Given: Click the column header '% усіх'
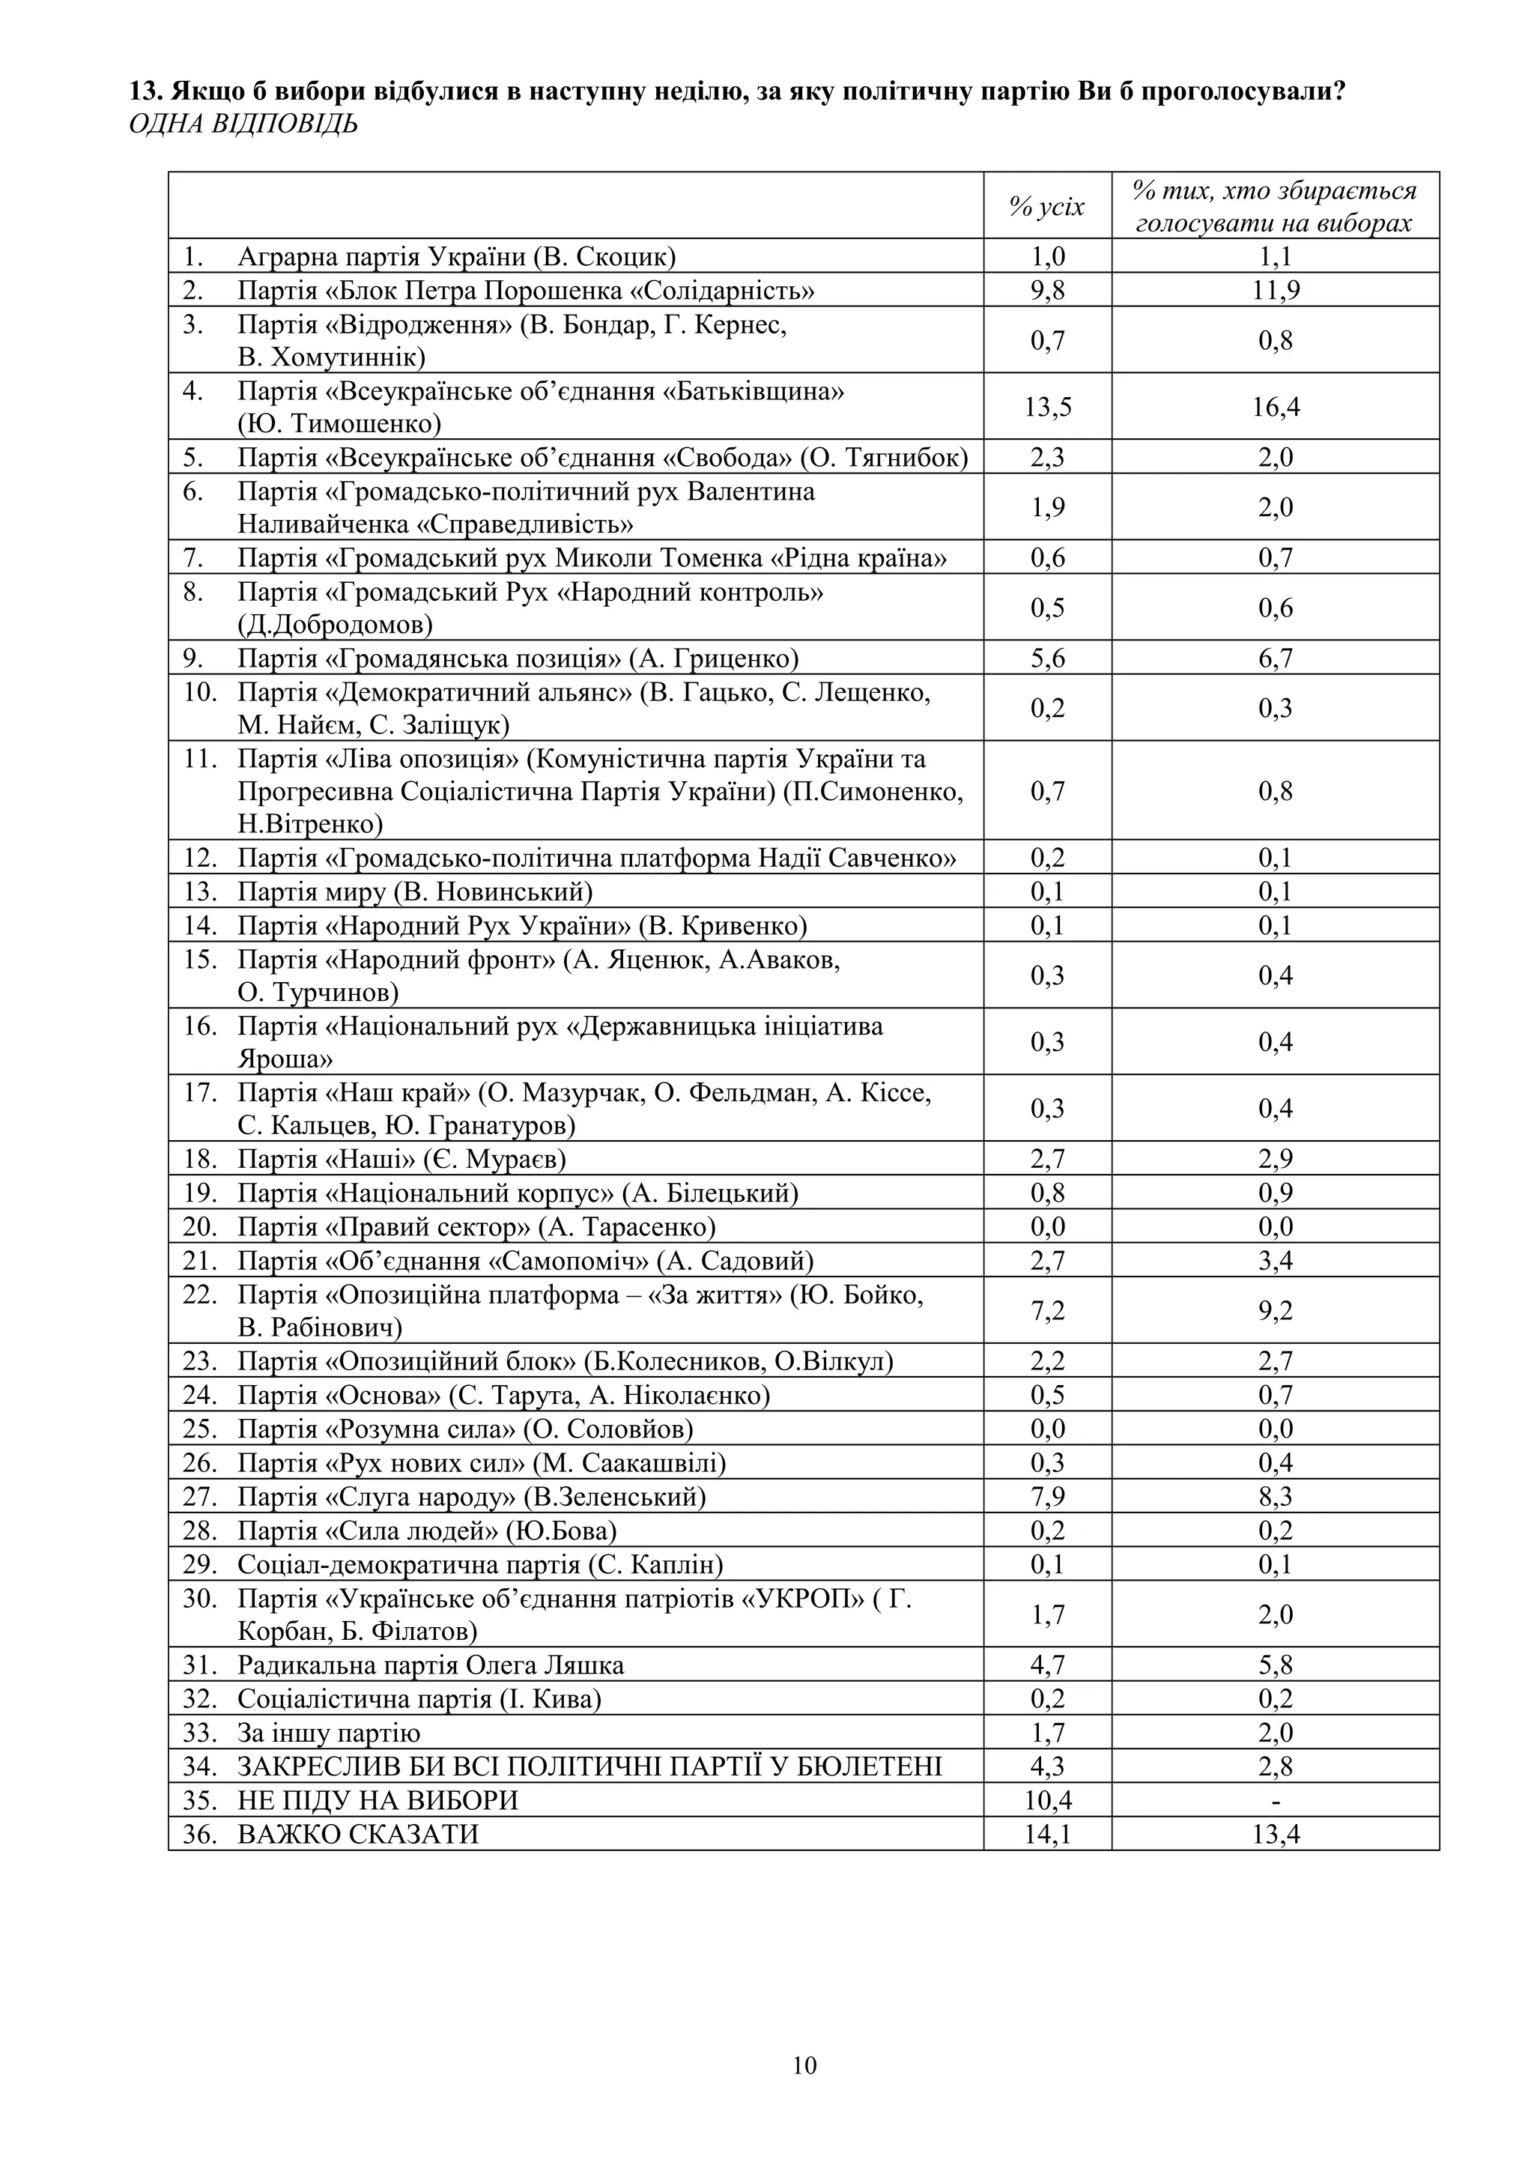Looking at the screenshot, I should click(1047, 206).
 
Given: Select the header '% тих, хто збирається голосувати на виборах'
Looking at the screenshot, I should click(1274, 206).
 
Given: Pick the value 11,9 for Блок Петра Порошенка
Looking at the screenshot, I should click(1274, 289).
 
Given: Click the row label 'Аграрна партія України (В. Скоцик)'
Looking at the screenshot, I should click(456, 256).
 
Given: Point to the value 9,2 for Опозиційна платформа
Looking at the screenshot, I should click(1274, 1310).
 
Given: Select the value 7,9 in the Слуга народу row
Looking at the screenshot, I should click(1047, 1497).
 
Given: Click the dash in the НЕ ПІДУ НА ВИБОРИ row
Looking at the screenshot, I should click(1274, 1799).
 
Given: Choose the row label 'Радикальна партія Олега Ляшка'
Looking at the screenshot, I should click(430, 1665).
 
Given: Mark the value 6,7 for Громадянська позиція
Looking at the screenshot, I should click(1274, 658).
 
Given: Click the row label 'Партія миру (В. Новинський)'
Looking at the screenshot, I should click(415, 891).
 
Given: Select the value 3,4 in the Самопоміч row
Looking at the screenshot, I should click(1274, 1261).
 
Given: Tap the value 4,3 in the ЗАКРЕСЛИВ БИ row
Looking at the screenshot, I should click(1047, 1766).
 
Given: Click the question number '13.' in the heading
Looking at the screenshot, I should click(147, 93).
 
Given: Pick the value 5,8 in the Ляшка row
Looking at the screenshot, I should click(1274, 1665).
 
